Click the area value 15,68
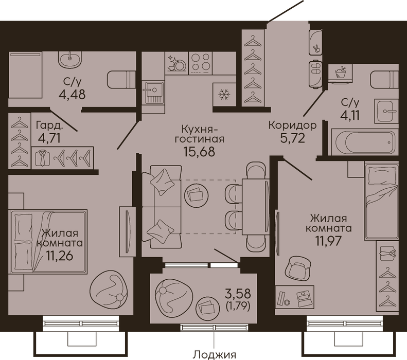[x=199, y=152]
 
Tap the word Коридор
[x=293, y=125]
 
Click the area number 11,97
[x=328, y=241]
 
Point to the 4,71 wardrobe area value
[x=49, y=138]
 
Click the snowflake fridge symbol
[x=224, y=95]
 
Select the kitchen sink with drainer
[x=154, y=93]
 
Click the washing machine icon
[x=340, y=73]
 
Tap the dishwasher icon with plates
[x=176, y=63]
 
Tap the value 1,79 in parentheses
[x=238, y=307]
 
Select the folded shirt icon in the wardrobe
[x=42, y=158]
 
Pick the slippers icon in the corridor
[x=315, y=75]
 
